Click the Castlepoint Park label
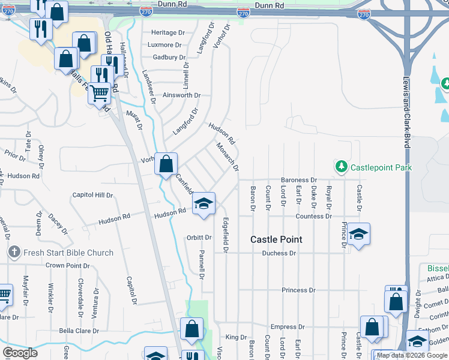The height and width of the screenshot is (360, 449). [381, 167]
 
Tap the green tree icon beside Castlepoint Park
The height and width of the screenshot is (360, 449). [341, 166]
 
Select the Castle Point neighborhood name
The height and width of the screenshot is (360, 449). [276, 239]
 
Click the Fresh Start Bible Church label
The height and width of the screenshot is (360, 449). [68, 253]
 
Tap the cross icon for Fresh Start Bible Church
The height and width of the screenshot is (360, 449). [15, 253]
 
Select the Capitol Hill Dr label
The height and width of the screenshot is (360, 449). [92, 195]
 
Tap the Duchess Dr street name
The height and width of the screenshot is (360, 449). [279, 253]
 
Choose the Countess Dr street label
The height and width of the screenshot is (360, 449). [313, 216]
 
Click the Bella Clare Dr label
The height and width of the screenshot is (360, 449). [79, 331]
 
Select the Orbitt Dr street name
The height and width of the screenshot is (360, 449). [200, 238]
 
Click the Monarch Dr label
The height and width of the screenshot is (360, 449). [228, 157]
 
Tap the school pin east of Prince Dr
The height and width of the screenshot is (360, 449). [358, 234]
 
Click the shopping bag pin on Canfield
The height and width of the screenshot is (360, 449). [166, 163]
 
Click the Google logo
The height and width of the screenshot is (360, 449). [20, 353]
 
